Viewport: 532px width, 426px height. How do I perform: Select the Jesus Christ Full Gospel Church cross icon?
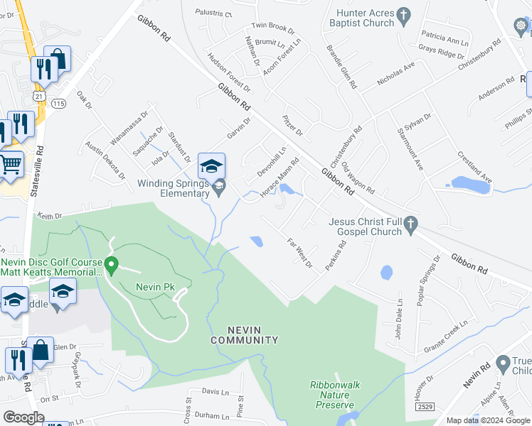pyautogui.click(x=410, y=226)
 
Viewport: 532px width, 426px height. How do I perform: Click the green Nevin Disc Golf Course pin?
pyautogui.click(x=111, y=266)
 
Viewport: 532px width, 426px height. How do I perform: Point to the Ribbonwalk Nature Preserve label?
pyautogui.click(x=335, y=395)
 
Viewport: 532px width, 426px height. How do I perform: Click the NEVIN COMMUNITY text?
pyautogui.click(x=244, y=335)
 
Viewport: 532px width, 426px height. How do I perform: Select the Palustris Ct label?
pyautogui.click(x=212, y=13)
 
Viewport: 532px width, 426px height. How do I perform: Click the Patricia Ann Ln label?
pyautogui.click(x=445, y=37)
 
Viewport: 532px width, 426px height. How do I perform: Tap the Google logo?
pyautogui.click(x=23, y=417)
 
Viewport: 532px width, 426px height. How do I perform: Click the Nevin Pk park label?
pyautogui.click(x=151, y=287)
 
